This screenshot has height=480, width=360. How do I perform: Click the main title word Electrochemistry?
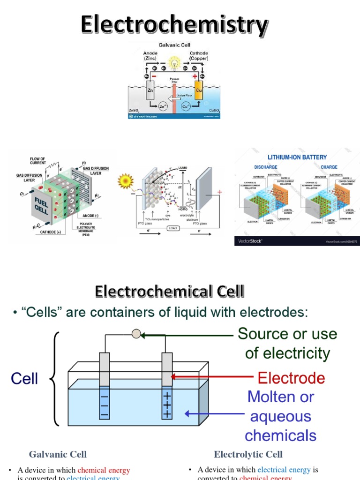174,24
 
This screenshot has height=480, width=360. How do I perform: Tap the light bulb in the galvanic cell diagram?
174,63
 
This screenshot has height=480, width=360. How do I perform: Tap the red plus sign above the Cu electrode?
195,75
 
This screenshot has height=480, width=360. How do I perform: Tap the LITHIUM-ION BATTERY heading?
297,157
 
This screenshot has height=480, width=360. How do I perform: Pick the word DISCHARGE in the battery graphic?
266,167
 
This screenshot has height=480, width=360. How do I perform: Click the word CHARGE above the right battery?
329,167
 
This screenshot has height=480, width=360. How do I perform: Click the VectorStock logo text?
250,241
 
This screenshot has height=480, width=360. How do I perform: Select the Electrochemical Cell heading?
169,292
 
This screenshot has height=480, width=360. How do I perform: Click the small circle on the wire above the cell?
136,334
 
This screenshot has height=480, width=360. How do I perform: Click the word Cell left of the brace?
24,378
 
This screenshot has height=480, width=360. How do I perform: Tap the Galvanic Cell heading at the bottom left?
58,454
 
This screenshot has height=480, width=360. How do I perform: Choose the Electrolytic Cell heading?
248,454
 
